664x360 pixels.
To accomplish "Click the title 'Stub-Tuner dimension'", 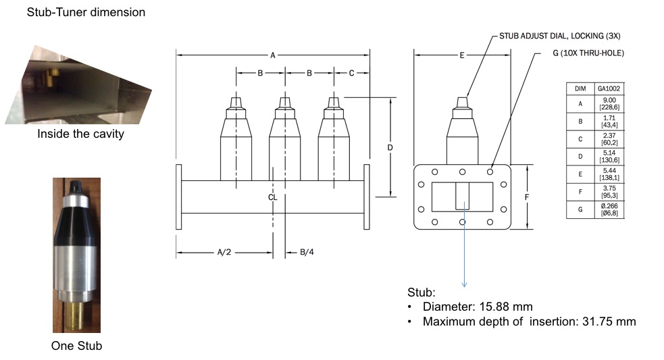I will point(86,12).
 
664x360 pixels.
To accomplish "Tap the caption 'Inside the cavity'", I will point(80,134).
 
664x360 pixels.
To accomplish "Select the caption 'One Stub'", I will point(76,346).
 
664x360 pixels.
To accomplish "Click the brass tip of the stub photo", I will point(76,313).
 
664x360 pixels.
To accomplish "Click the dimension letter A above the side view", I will point(273,55).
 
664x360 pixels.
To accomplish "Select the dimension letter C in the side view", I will point(351,73).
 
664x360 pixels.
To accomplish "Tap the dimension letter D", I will point(390,147).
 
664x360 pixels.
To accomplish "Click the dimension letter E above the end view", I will point(462,55).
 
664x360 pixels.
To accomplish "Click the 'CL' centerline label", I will point(272,198).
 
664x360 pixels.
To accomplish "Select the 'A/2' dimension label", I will point(224,253).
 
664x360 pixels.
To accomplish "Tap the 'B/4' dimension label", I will point(307,253).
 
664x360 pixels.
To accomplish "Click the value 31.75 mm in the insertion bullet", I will point(609,322).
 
